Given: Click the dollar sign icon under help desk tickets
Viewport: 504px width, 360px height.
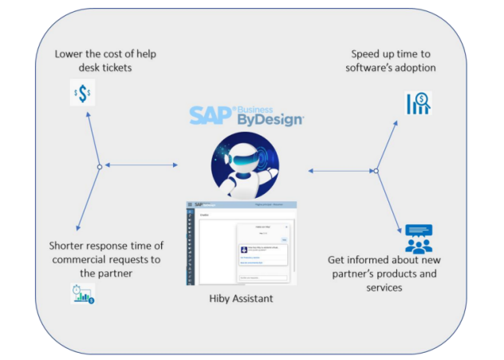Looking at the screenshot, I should point(81,94).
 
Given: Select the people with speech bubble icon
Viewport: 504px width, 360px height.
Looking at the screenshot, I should point(418,238).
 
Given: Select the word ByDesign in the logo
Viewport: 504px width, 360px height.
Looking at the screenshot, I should point(270,121).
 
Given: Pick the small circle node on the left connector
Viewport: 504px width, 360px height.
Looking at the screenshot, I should point(99,166).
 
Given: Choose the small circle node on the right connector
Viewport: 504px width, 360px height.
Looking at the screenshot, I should point(376,170).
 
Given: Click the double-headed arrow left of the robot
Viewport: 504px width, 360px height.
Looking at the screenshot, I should point(141,166).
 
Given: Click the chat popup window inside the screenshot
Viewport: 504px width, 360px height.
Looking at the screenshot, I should point(263,251).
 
